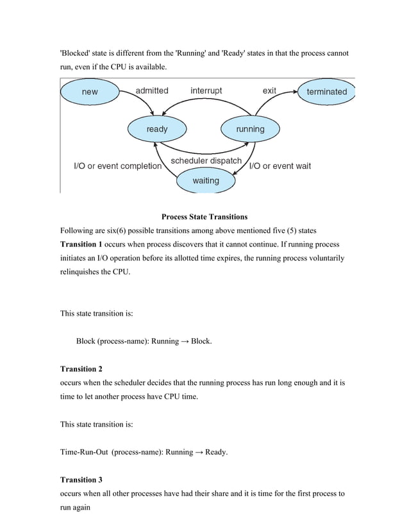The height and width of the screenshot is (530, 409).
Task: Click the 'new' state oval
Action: tap(90, 92)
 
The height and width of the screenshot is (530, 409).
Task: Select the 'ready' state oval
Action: tap(157, 129)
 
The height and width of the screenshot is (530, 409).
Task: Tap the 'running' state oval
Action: tap(250, 129)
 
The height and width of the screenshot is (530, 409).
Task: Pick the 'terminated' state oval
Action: tap(326, 92)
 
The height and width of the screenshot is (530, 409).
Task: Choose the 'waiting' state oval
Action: tap(205, 180)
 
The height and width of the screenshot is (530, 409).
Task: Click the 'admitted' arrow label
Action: tap(152, 91)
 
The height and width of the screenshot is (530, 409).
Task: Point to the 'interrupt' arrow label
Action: tap(206, 91)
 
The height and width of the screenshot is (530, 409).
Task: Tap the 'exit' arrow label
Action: tap(269, 91)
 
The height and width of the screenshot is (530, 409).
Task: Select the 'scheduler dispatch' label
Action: tap(206, 160)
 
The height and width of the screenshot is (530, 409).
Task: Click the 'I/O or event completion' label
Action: tap(115, 166)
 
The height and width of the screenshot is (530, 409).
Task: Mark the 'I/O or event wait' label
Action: tap(280, 166)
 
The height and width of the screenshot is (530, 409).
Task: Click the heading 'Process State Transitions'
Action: tap(204, 217)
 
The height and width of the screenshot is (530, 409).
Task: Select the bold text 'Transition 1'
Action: tap(81, 244)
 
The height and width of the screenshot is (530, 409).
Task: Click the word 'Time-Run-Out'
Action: tap(83, 452)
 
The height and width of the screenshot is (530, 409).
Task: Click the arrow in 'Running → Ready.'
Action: tap(199, 452)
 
